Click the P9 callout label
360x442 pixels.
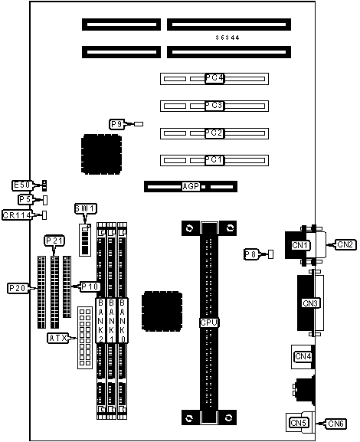116,124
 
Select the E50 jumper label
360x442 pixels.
21,185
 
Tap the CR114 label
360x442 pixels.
17,215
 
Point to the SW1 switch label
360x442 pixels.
86,208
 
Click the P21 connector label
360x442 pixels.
54,241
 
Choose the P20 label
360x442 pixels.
18,288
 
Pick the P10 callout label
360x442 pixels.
90,286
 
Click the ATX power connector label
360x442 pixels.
57,338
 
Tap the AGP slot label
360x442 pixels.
191,186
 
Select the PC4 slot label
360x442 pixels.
214,78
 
